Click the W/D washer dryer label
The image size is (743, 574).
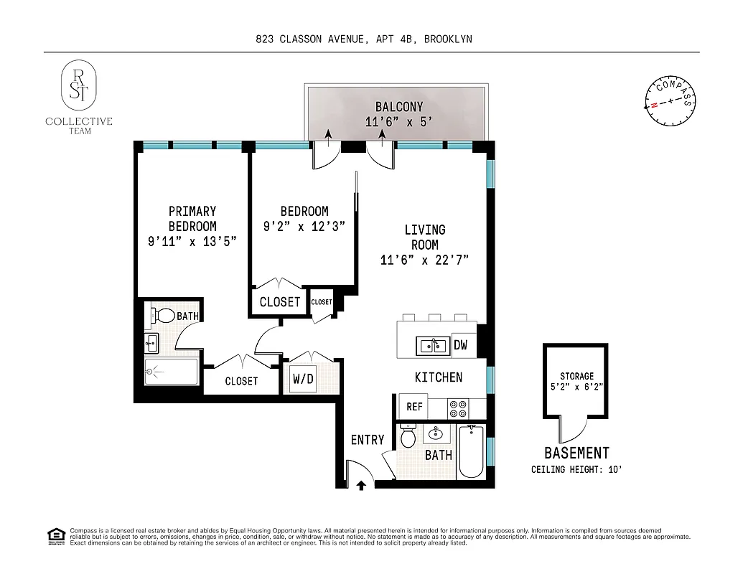click(302, 379)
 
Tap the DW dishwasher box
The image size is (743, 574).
click(460, 345)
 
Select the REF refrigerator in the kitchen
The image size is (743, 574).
click(414, 407)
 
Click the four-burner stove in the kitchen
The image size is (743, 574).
click(458, 408)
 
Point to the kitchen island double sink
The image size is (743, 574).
click(433, 346)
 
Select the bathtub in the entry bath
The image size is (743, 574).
click(472, 451)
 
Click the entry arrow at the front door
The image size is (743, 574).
click(361, 486)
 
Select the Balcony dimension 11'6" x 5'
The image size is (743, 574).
click(398, 122)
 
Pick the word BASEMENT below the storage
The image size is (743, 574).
click(576, 453)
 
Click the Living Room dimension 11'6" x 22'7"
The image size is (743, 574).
click(424, 260)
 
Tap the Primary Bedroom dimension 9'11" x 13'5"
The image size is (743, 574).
click(192, 242)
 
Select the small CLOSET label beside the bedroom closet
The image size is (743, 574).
click(322, 302)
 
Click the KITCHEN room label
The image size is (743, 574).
click(438, 377)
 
